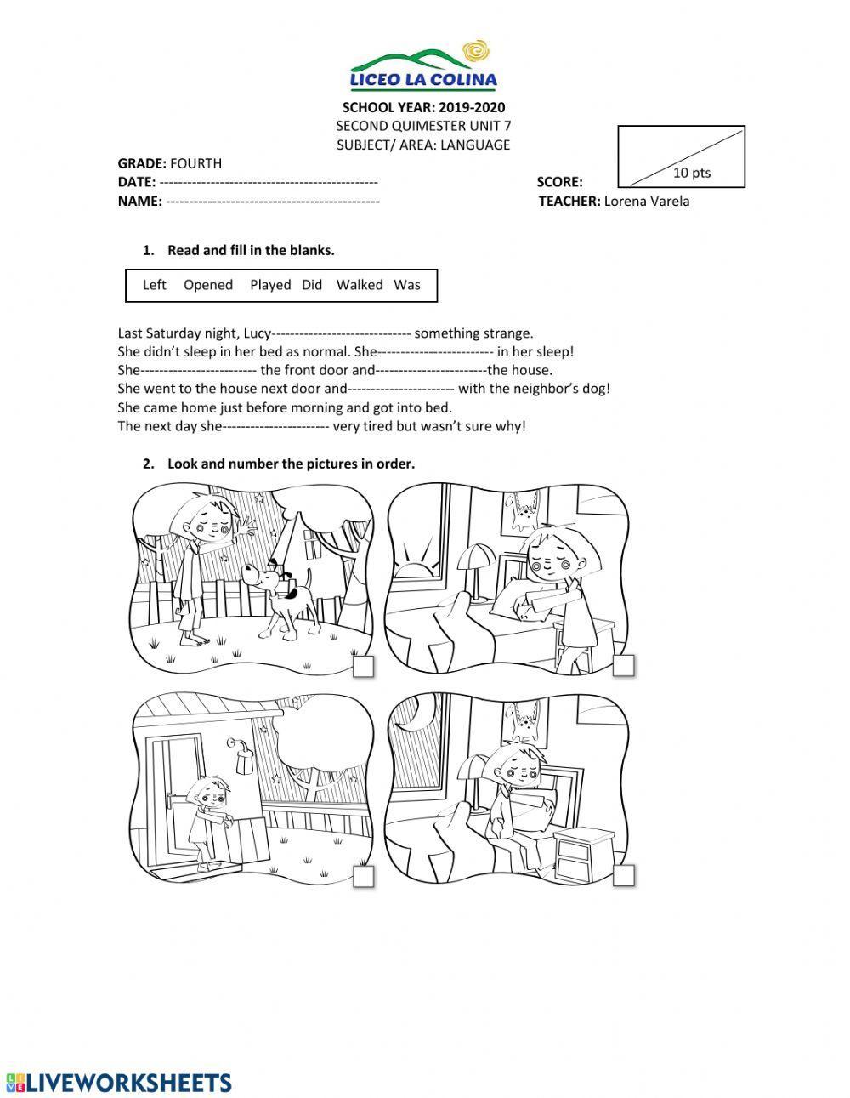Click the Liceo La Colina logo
click(x=423, y=66)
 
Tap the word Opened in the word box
click(x=208, y=285)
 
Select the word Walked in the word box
click(x=359, y=285)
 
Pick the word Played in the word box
click(x=270, y=285)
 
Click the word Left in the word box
click(x=155, y=285)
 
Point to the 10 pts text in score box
click(x=692, y=173)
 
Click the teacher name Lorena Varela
click(x=647, y=202)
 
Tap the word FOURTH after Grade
click(x=195, y=163)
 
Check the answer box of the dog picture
click(x=363, y=667)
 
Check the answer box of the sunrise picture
click(x=624, y=667)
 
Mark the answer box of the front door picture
click(x=363, y=877)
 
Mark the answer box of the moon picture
click(x=624, y=876)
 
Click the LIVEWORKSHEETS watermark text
click(x=119, y=1082)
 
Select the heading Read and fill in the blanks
click(x=251, y=250)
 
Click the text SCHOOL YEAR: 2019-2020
click(x=423, y=107)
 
